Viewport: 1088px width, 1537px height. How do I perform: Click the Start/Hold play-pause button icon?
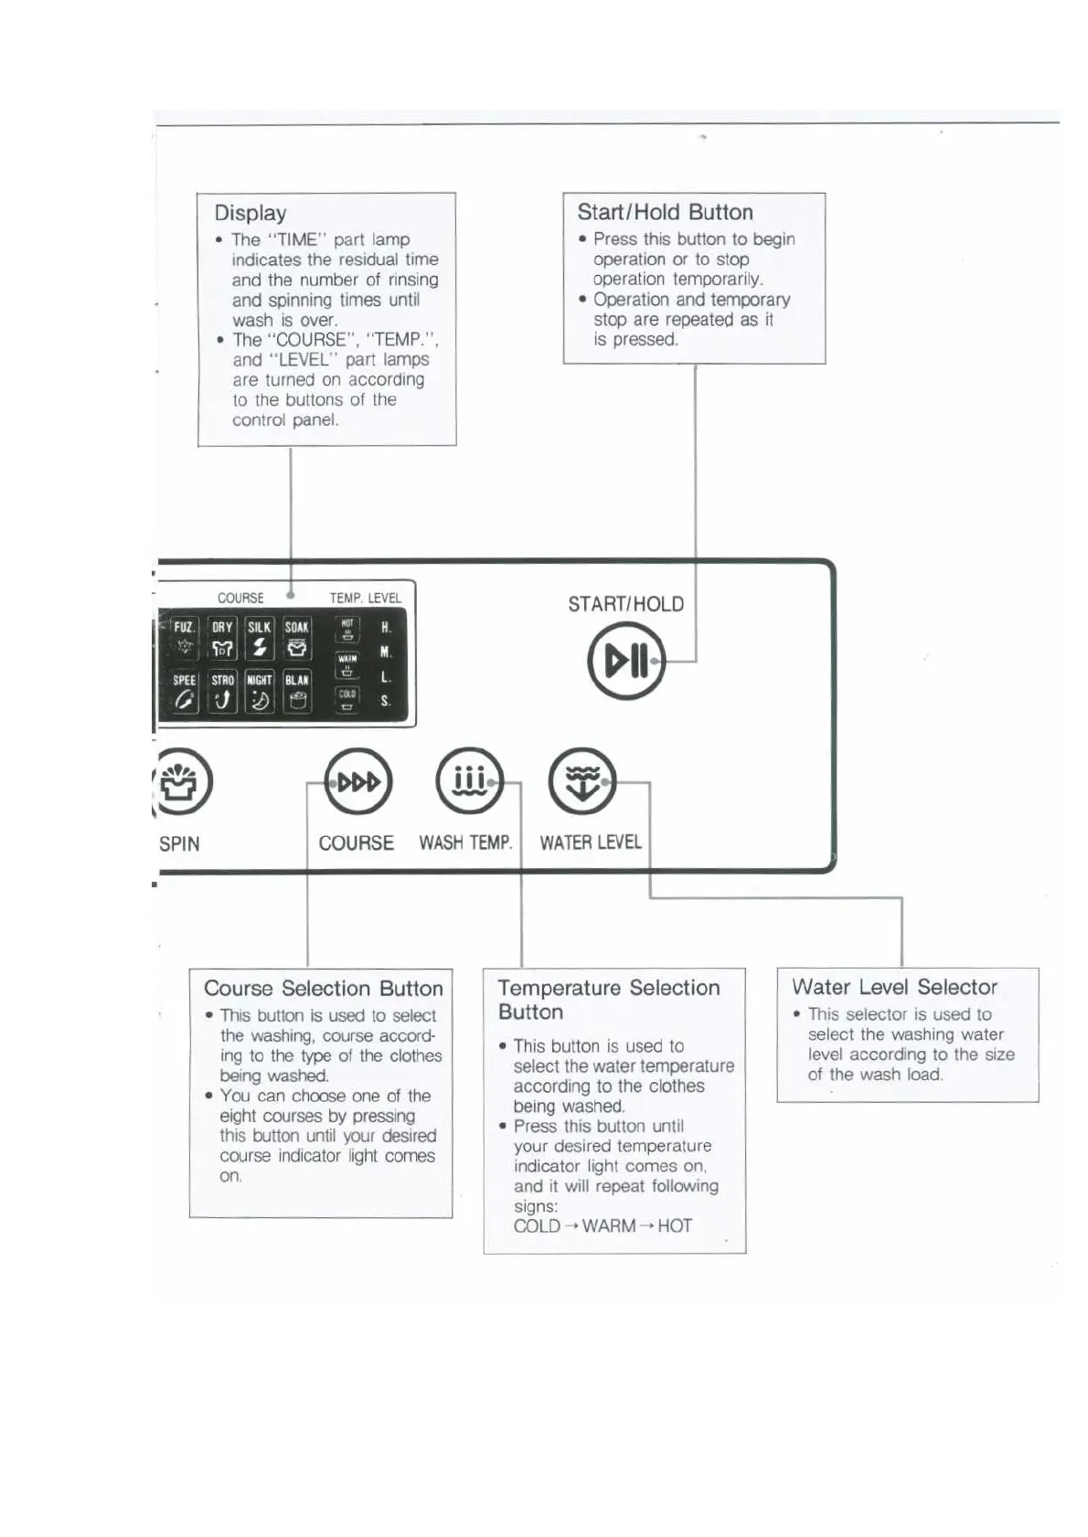(x=626, y=661)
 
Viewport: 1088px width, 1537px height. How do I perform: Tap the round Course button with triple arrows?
(x=358, y=782)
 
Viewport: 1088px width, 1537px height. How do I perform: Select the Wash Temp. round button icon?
(x=469, y=782)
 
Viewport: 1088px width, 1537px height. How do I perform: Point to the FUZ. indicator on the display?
(x=185, y=638)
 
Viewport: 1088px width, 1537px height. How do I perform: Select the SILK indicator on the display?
(x=260, y=638)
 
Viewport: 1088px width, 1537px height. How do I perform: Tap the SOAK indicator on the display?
(x=297, y=638)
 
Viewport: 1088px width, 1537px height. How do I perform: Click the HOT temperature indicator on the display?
(x=347, y=630)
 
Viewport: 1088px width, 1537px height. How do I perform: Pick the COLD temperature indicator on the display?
(x=347, y=700)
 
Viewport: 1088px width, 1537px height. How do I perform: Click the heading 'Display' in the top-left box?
(x=251, y=213)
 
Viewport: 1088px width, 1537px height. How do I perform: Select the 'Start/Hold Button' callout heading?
(x=665, y=212)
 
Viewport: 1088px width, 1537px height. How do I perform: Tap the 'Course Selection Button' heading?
(x=323, y=988)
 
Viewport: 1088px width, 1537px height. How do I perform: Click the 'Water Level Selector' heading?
(x=894, y=987)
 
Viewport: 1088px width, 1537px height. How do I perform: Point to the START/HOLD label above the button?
(x=625, y=604)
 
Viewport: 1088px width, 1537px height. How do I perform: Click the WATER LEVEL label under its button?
(x=591, y=843)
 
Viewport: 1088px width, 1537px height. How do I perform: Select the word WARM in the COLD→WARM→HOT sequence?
(x=608, y=1225)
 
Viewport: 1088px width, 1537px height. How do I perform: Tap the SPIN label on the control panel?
(x=179, y=843)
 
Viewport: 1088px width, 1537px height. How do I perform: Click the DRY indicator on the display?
(x=222, y=638)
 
